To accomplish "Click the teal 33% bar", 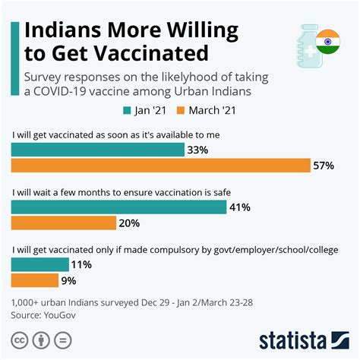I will click(97, 150).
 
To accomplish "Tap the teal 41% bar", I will click(118, 206).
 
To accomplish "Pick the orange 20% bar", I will click(64, 223).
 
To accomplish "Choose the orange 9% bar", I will click(35, 280).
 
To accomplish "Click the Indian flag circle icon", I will click(328, 41).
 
